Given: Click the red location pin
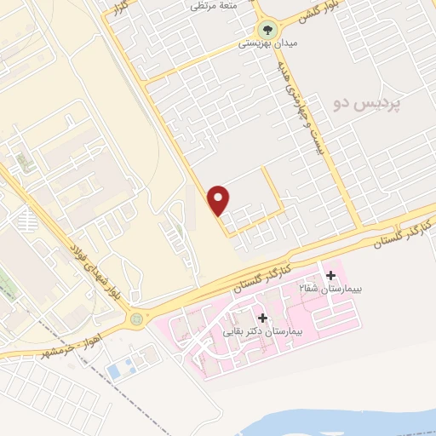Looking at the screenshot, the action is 220,199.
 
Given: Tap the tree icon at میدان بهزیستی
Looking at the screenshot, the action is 267,27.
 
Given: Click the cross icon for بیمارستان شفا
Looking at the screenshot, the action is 330,275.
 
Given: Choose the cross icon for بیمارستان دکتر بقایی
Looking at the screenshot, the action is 262,318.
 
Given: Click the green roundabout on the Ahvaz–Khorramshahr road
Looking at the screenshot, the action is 136,318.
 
